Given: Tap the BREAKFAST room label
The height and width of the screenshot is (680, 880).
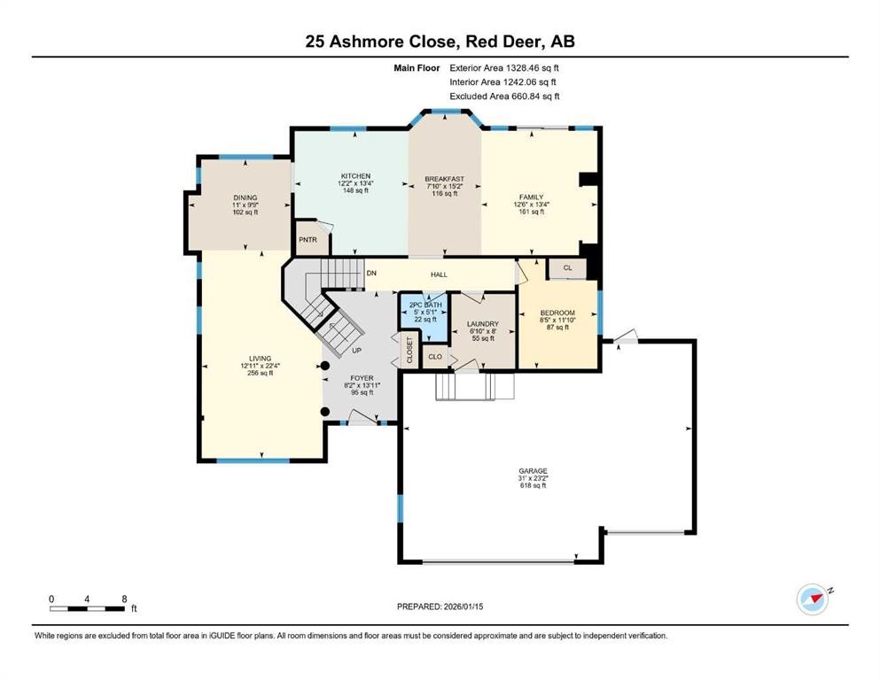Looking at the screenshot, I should tap(444, 179).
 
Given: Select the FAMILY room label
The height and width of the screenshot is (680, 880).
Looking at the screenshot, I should tap(532, 197).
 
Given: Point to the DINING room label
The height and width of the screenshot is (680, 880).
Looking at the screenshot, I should tap(245, 197).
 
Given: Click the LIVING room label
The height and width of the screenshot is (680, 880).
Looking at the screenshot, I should tap(259, 359).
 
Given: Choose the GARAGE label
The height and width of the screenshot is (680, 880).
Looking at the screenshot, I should tap(533, 471).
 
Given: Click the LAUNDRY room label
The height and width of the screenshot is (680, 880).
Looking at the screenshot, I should tap(482, 324).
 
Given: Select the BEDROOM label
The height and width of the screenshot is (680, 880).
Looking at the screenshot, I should tap(557, 313).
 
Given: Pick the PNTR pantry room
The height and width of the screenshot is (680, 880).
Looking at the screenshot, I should tap(308, 239).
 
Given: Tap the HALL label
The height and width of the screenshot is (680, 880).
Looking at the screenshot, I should tap(439, 274).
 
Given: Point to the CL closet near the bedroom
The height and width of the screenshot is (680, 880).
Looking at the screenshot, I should tap(567, 267).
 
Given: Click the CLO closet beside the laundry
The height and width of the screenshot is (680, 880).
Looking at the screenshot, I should tap(435, 357).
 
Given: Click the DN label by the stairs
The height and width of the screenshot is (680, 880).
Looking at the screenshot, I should tap(370, 273).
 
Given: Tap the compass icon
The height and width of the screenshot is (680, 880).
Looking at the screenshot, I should tap(812, 599).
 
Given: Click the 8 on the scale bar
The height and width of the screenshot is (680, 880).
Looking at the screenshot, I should tap(123, 599).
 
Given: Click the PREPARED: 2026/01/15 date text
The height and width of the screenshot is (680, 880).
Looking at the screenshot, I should tap(440, 607).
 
